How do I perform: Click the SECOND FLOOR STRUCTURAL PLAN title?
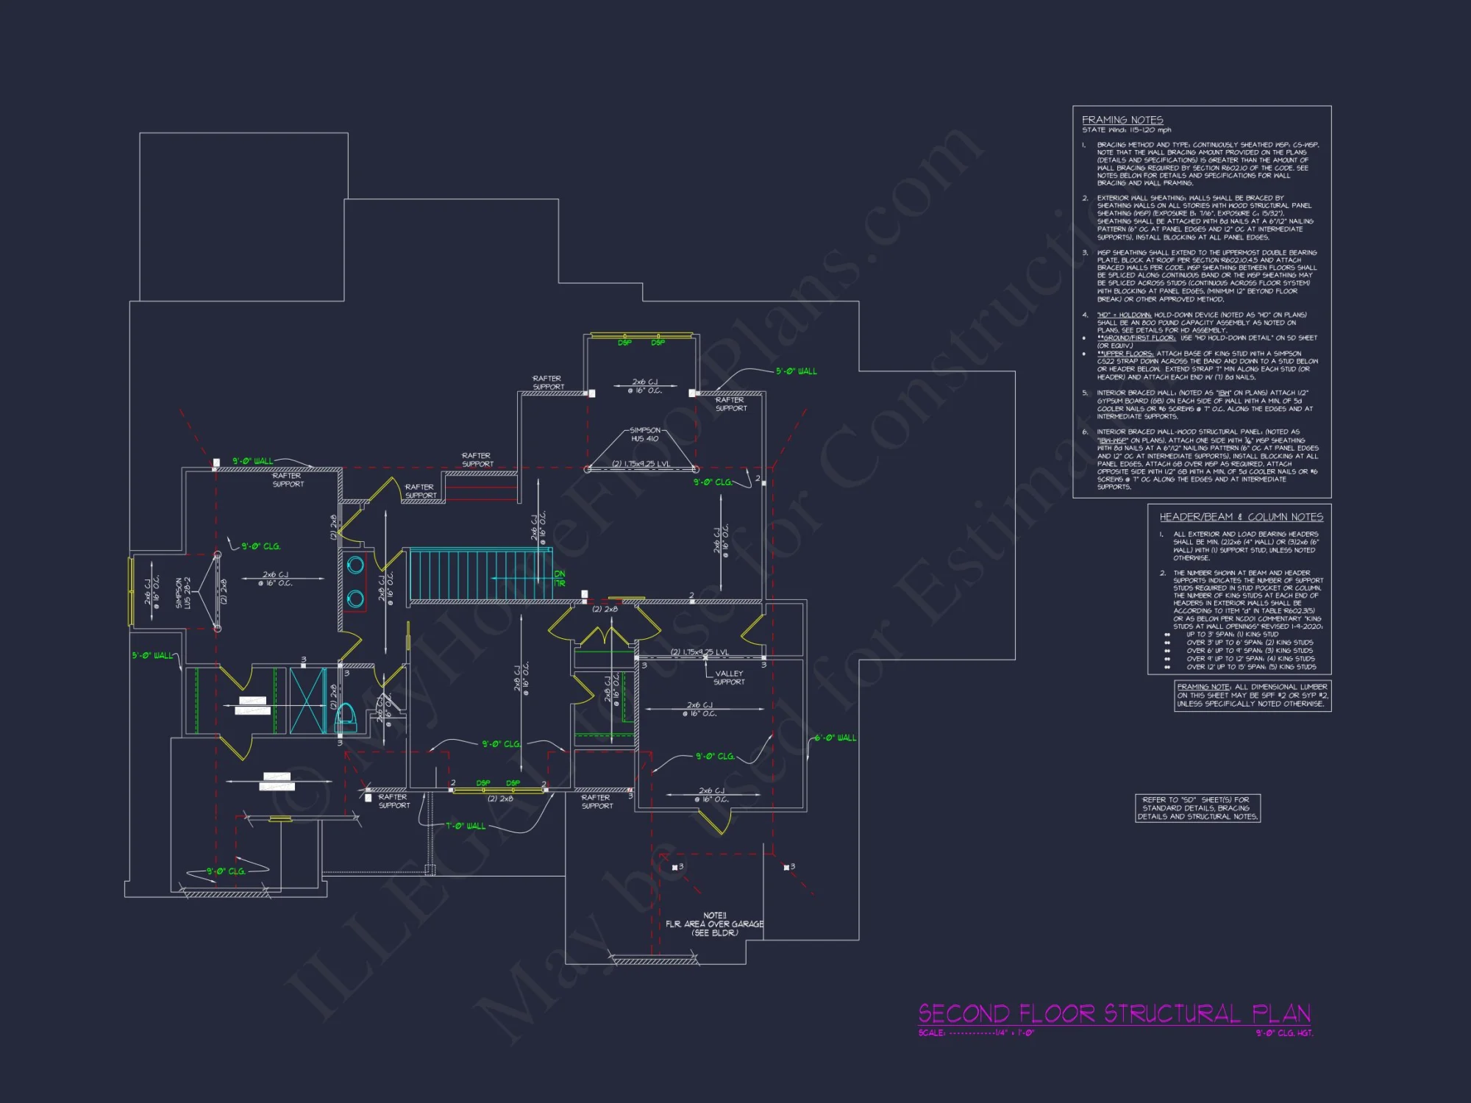[1114, 1014]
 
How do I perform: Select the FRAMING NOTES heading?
[1122, 120]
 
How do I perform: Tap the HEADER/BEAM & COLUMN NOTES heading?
[1241, 517]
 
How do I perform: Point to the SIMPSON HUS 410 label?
[645, 435]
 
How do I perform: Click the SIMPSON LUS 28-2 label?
[183, 593]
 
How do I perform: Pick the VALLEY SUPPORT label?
[729, 677]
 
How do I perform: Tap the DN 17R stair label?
[560, 578]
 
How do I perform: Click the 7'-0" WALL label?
[466, 826]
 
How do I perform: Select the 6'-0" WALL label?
[836, 738]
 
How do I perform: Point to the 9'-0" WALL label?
[252, 461]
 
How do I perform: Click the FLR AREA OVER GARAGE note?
[714, 924]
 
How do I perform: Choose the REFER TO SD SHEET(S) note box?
[1197, 808]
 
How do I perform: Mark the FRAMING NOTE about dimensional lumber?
[1253, 696]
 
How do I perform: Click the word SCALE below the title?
[931, 1033]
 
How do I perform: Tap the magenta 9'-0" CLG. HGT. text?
[1283, 1033]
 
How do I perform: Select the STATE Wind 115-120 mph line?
[1126, 130]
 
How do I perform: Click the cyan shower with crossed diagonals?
[308, 701]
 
